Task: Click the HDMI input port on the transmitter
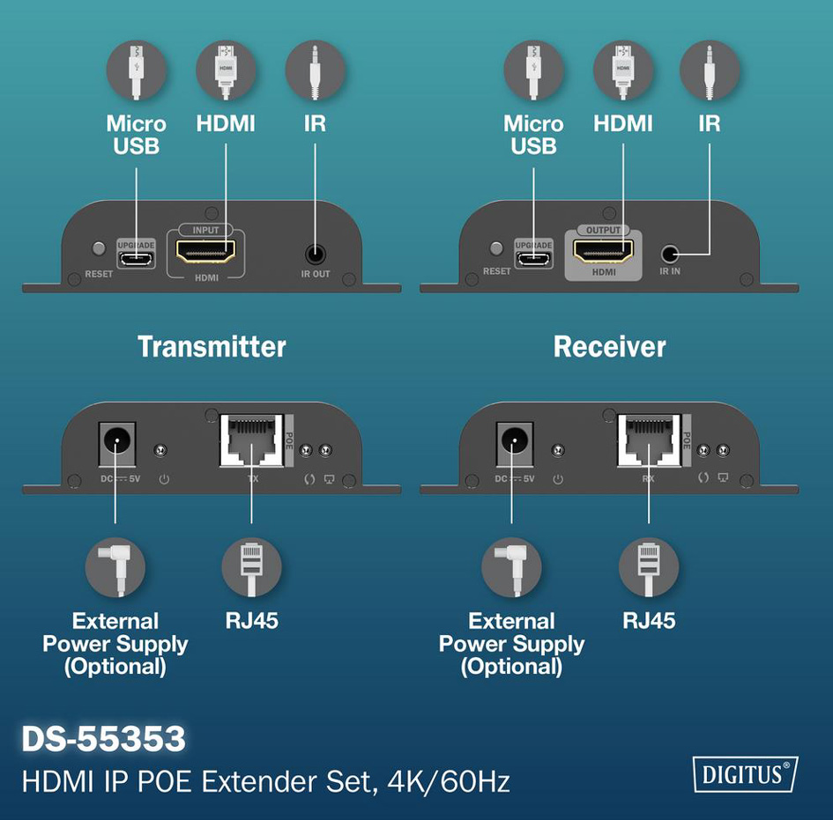205,251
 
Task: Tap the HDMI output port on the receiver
604,250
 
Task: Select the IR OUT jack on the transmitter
316,255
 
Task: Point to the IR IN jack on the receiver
670,255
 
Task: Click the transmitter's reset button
99,247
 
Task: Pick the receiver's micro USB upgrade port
533,260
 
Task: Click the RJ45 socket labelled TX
252,441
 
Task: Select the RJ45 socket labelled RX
649,441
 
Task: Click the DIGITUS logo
746,774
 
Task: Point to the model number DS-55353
104,738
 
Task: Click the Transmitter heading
212,346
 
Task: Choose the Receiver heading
609,346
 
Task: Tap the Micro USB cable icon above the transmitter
137,70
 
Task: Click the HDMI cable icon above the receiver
623,70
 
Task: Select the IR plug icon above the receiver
710,70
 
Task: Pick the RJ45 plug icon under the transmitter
251,567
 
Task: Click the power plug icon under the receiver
511,567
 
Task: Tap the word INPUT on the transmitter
205,230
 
